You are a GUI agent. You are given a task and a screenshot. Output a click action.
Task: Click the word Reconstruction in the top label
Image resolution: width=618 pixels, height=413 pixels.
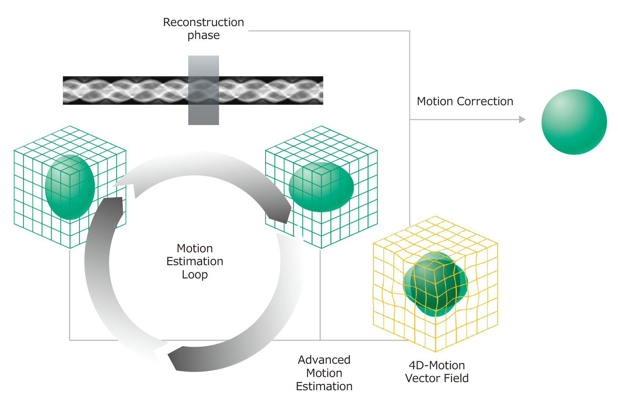coord(203,22)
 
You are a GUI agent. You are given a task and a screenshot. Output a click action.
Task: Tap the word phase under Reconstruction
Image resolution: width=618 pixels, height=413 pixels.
coord(203,35)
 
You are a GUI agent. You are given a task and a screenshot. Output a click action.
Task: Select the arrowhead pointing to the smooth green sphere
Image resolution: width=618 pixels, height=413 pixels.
coord(522,120)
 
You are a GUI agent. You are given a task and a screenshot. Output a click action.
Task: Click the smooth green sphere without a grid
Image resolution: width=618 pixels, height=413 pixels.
coord(574,122)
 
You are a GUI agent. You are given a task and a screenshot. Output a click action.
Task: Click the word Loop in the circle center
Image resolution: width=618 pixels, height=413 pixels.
coord(195,275)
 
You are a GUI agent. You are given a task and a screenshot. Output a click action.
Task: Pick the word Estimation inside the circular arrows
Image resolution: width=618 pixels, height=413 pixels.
coord(195,261)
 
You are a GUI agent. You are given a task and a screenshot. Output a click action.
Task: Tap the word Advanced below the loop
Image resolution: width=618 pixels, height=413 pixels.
coord(324,360)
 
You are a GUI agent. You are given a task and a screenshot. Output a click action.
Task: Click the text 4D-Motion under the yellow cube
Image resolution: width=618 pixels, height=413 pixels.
coord(437,366)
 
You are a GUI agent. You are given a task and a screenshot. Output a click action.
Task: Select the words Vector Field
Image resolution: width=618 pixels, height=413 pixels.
coord(437,378)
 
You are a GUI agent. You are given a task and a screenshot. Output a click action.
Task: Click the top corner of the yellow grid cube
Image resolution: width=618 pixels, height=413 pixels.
coord(435,217)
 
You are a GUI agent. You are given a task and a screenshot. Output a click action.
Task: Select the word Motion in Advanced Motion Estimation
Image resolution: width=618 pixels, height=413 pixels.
coord(324,373)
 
